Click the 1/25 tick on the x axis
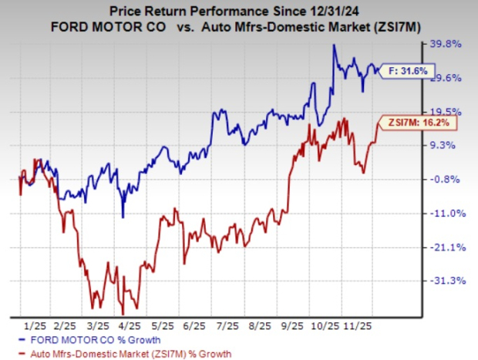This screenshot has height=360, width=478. [36, 325]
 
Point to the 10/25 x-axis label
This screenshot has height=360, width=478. [318, 325]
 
